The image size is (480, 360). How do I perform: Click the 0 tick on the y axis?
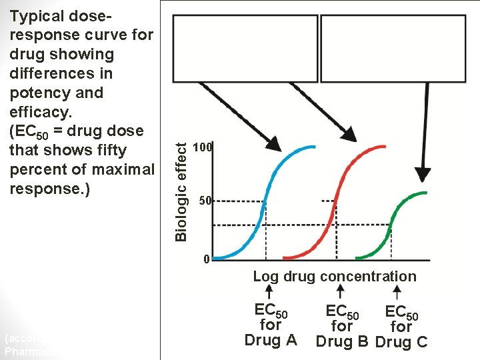pyautogui.click(x=207, y=259)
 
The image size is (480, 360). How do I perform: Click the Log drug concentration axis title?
pyautogui.click(x=334, y=276)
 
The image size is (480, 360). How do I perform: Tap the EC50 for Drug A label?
pyautogui.click(x=271, y=325)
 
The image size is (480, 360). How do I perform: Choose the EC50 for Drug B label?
pyautogui.click(x=342, y=327)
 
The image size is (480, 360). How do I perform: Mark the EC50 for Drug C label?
pyautogui.click(x=401, y=327)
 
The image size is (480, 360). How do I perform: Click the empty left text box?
pyautogui.click(x=245, y=49)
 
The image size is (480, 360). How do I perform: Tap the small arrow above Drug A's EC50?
pyautogui.click(x=269, y=292)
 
